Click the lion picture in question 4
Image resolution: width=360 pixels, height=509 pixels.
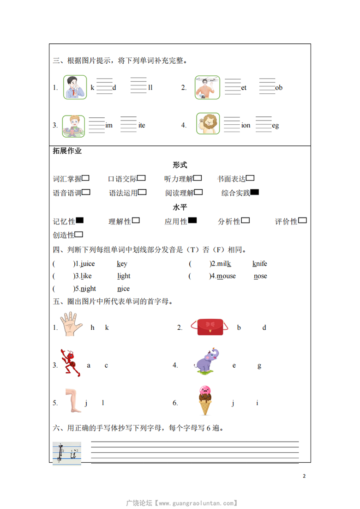(x=208, y=123)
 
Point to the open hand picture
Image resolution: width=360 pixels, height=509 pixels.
(x=71, y=323)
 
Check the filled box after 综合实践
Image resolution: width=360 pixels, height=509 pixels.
(x=254, y=193)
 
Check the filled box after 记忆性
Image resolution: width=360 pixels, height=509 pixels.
(x=79, y=221)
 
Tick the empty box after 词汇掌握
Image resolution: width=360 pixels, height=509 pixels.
(x=85, y=178)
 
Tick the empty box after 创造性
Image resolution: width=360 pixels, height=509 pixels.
(x=79, y=235)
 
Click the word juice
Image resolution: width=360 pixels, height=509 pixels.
(x=87, y=264)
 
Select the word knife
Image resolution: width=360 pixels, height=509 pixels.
(x=259, y=264)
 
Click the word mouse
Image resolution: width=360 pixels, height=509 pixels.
(x=226, y=276)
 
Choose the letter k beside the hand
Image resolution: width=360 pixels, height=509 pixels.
(x=107, y=327)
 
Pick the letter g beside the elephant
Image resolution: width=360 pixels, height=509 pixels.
(x=259, y=365)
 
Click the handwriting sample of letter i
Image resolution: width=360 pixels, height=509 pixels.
(x=67, y=454)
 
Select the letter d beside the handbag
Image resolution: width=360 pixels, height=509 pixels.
(x=264, y=327)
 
